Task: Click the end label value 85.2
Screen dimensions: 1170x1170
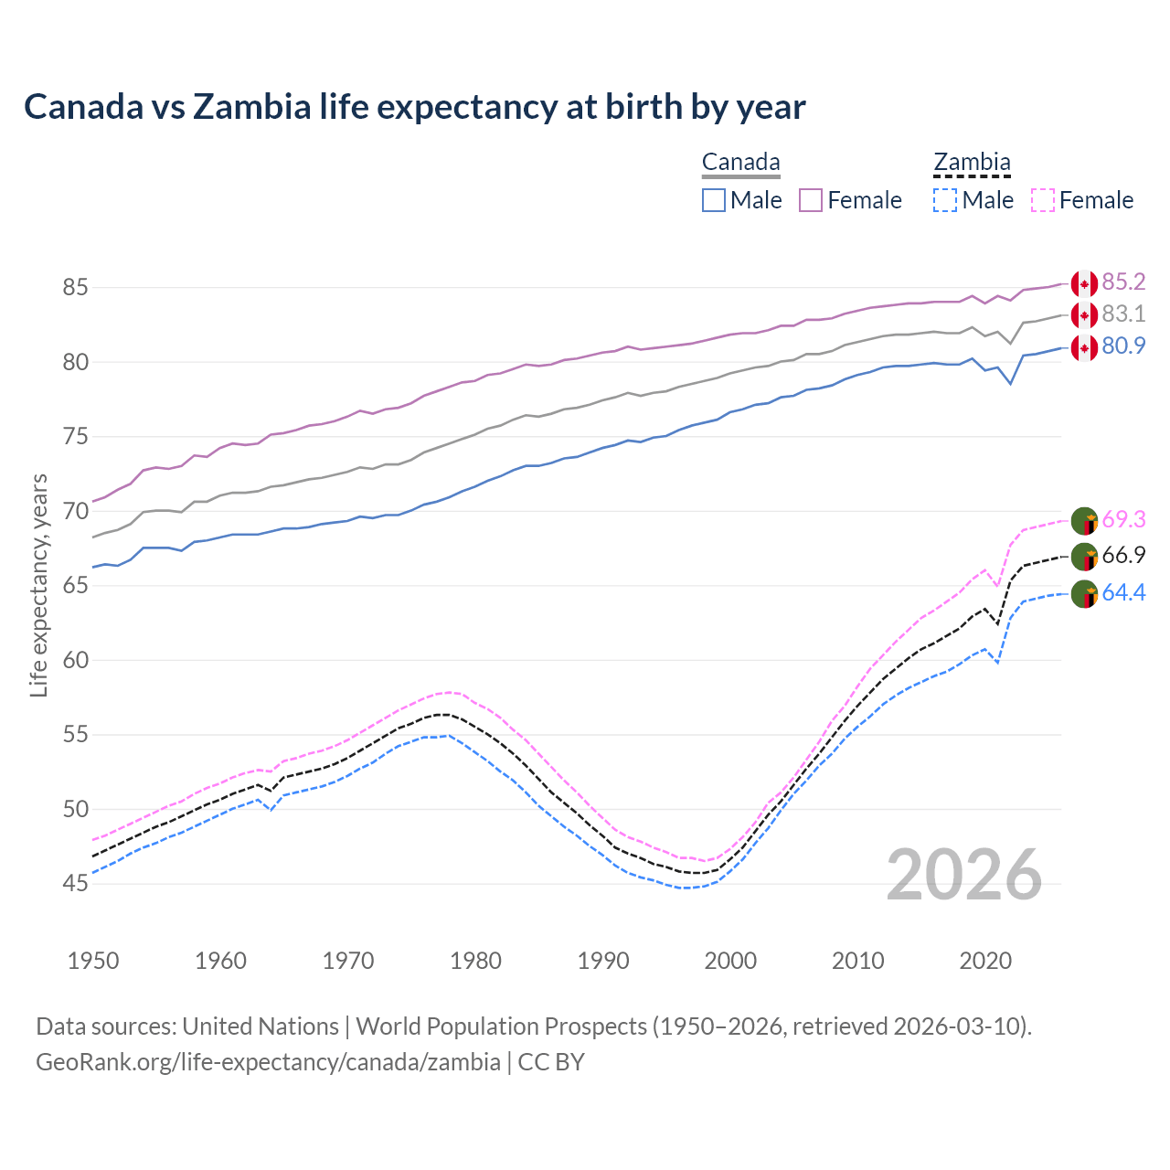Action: tap(1123, 282)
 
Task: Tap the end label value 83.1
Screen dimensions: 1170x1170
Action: tap(1123, 314)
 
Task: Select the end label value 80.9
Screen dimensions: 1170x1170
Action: tap(1123, 346)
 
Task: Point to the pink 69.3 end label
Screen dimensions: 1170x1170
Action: tap(1123, 519)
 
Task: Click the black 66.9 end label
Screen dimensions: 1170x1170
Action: tap(1123, 555)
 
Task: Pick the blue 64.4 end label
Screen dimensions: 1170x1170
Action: tap(1123, 592)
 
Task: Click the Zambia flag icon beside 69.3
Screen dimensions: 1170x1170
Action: tap(1084, 520)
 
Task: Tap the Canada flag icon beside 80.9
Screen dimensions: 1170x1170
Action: tap(1084, 347)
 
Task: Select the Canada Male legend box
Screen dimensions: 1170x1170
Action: tap(714, 200)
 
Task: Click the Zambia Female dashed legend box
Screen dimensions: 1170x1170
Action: tap(1043, 200)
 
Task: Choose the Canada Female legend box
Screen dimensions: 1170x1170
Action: tap(811, 200)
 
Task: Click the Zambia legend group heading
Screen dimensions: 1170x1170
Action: tap(972, 163)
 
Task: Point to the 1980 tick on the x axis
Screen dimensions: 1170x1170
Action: tap(476, 961)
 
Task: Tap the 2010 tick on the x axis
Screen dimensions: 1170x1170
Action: tap(857, 961)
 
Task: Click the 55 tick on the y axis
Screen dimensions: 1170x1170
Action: tap(75, 734)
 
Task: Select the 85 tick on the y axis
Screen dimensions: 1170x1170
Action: tap(75, 287)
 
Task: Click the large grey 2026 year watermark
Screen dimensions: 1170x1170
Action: tap(964, 875)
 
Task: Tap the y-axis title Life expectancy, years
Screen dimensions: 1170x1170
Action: tap(39, 585)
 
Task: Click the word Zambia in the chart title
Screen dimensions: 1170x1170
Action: tap(251, 107)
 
